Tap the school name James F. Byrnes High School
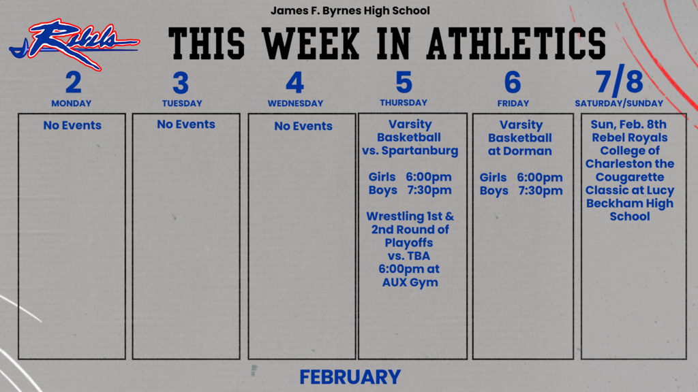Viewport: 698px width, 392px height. pos(350,11)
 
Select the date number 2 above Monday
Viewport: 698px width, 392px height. pos(73,82)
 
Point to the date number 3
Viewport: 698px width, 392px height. pos(181,83)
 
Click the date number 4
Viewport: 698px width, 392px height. pos(294,83)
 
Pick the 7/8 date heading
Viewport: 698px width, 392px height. pos(619,82)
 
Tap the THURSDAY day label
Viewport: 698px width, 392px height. pos(404,103)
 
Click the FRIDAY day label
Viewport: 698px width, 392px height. pos(513,103)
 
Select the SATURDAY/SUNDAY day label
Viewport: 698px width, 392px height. pos(619,103)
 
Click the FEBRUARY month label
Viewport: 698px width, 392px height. pos(350,376)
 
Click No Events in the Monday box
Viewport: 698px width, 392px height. pos(72,125)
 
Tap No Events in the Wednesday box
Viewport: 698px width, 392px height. pos(303,126)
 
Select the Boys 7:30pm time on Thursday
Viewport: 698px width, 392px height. pos(410,190)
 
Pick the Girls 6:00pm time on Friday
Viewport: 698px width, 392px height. pos(521,178)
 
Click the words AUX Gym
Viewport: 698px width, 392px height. pos(410,282)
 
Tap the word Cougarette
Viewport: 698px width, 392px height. pos(630,177)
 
